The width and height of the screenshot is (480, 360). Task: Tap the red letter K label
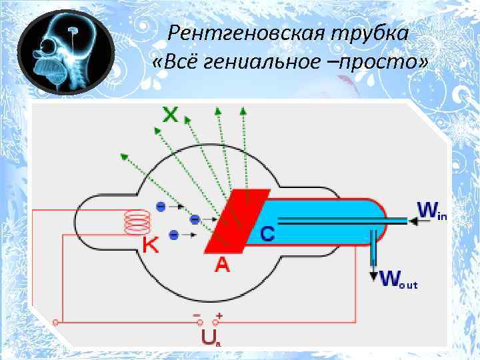151,246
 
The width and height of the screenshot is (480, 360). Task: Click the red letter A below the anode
222,265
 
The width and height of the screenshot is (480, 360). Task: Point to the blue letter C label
267,234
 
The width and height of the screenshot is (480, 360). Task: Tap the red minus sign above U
197,314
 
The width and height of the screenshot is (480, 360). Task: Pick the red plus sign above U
219,314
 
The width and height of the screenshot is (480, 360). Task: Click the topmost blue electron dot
161,207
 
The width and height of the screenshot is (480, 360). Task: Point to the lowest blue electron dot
174,235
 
